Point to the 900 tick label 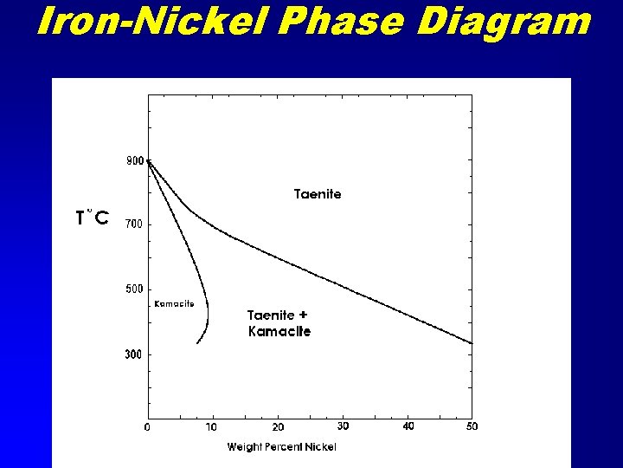click(135, 160)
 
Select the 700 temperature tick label click(135, 224)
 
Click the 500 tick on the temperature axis click(135, 289)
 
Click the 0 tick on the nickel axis click(147, 426)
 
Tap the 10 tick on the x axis click(212, 426)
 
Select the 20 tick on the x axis click(278, 426)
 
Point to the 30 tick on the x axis click(343, 426)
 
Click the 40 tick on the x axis click(408, 426)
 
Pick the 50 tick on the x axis click(472, 426)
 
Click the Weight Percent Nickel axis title click(282, 446)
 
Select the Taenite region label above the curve click(318, 194)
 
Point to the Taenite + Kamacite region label click(279, 323)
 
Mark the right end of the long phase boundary click(472, 343)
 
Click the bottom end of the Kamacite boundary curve click(197, 343)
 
